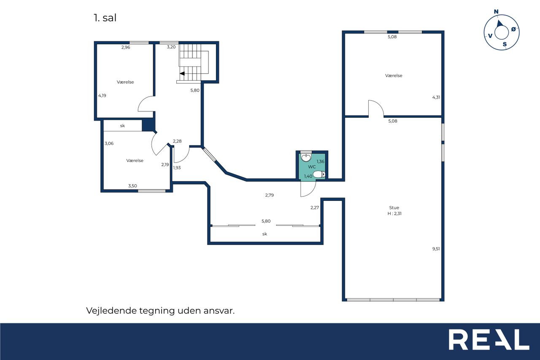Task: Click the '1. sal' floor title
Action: point(105,18)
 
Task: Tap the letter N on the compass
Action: point(496,11)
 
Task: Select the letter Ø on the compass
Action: point(513,29)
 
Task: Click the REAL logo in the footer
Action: point(489,339)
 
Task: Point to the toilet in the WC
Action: point(319,174)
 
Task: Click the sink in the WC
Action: point(306,158)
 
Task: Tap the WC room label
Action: point(312,167)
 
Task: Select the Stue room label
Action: point(394,208)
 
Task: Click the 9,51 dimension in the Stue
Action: point(436,249)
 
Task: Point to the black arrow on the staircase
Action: point(182,73)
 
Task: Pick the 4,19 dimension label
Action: point(102,95)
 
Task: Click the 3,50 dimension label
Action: point(132,186)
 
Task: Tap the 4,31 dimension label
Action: point(436,97)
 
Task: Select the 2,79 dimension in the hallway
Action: point(270,195)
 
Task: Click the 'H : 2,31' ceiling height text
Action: point(394,214)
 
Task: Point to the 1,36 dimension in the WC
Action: point(320,162)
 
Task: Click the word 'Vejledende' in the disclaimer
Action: point(111,311)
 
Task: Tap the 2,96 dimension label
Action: point(126,48)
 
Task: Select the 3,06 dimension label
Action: point(109,143)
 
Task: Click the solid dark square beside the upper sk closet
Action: point(148,125)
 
